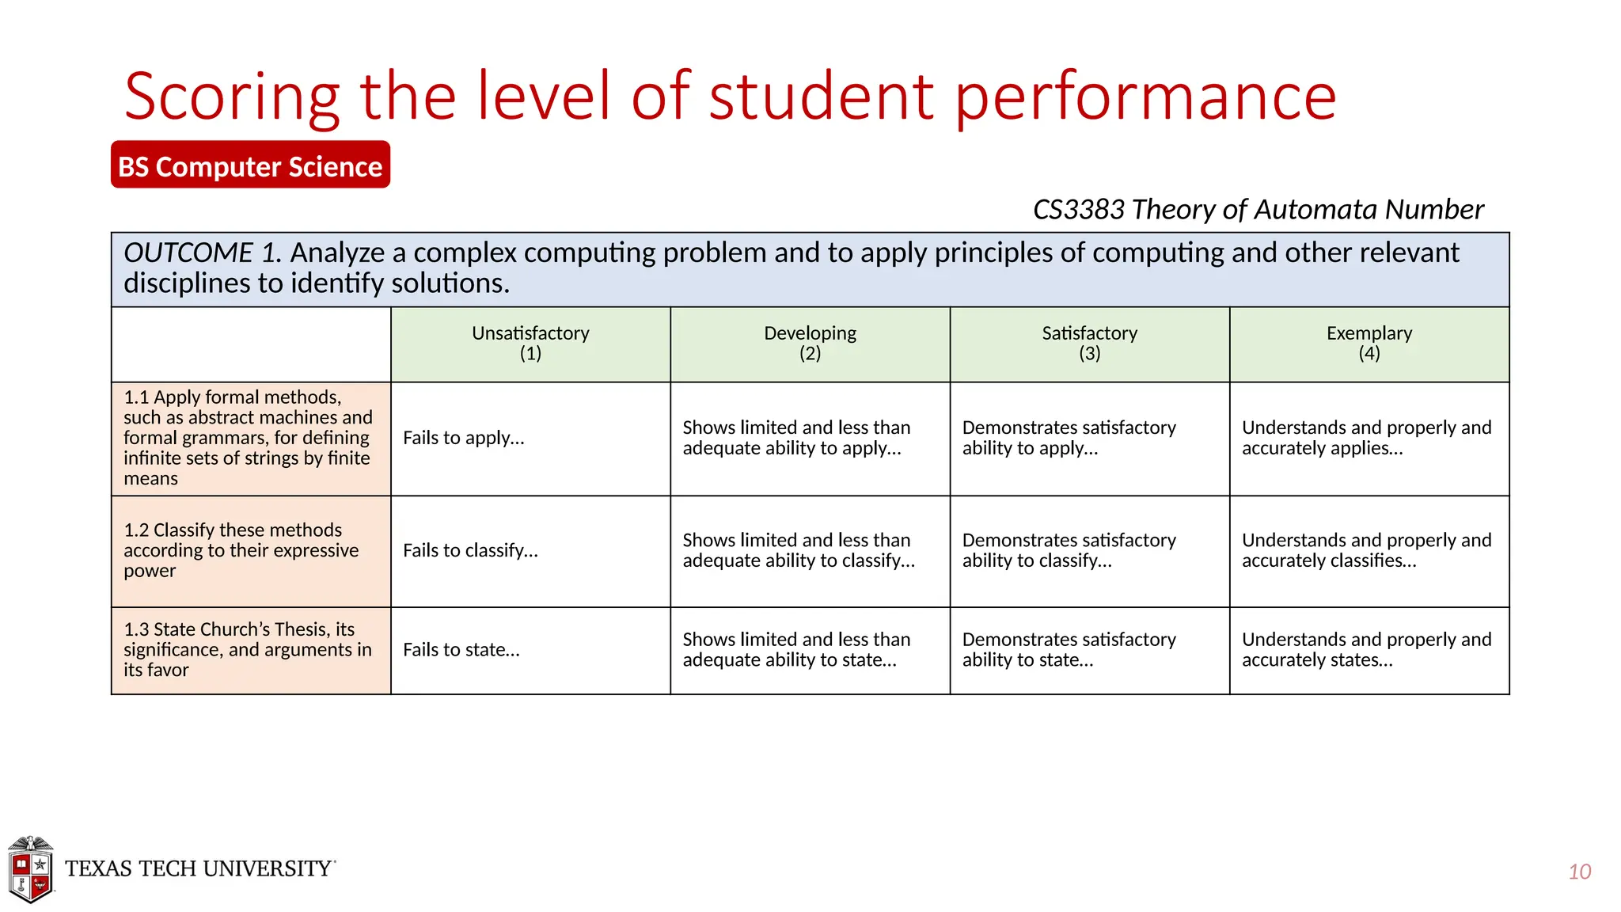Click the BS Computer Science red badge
[x=250, y=165]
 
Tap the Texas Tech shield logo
[x=30, y=870]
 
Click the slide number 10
[x=1579, y=872]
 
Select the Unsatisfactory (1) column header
[x=530, y=344]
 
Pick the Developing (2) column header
[x=810, y=344]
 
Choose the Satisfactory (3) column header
[x=1089, y=344]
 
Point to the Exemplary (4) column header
[x=1369, y=344]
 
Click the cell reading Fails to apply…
[x=464, y=438]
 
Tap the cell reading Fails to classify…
[x=470, y=550]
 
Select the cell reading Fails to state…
[x=461, y=650]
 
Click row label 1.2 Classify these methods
[x=241, y=550]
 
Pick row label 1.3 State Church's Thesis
[x=247, y=649]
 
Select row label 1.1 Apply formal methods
[x=247, y=438]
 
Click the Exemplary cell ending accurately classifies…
[x=1366, y=550]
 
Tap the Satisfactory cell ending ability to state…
[x=1069, y=650]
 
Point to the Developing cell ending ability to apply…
[x=795, y=438]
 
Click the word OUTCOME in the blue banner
[x=188, y=253]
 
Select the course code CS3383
[x=1078, y=210]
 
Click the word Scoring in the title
[x=232, y=97]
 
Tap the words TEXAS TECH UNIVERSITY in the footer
[x=199, y=868]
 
